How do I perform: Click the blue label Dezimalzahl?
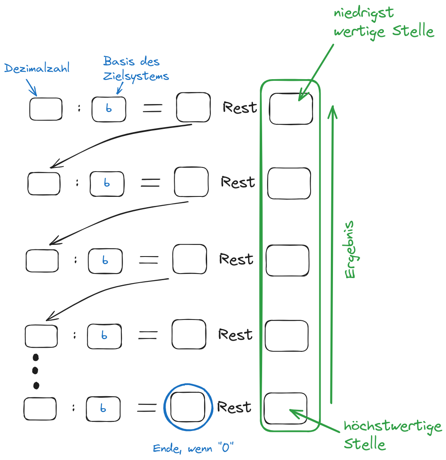[37, 68]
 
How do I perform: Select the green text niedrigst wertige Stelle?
[383, 23]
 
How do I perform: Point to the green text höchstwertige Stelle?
[393, 435]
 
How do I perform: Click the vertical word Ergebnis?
[350, 250]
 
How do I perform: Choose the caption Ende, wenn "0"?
[193, 448]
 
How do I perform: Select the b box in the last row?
[103, 409]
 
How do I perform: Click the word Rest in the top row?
[240, 108]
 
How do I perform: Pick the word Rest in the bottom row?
[234, 407]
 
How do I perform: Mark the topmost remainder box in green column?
[291, 109]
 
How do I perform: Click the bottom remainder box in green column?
[285, 408]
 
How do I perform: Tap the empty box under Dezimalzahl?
[46, 109]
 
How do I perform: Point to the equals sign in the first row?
[153, 109]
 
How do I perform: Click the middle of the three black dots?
[36, 370]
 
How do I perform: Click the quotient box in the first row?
[193, 107]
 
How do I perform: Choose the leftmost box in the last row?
[40, 409]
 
